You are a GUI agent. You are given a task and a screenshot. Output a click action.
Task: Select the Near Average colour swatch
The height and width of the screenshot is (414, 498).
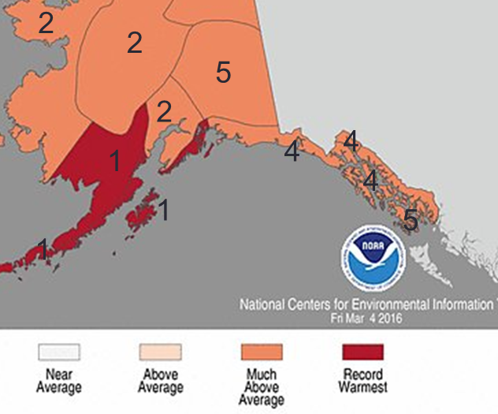[x=59, y=352]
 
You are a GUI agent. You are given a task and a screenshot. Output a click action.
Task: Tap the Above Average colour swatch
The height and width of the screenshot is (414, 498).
[x=160, y=352]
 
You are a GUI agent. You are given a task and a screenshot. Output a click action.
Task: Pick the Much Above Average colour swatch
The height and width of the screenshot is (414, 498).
[x=262, y=352]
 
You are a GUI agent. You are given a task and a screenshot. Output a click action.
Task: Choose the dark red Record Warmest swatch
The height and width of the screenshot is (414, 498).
[x=362, y=352]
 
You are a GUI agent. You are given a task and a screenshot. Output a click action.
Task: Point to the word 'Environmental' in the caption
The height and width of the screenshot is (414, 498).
[x=377, y=304]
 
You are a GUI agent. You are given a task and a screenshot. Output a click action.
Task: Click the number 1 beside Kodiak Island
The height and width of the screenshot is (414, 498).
[x=164, y=210]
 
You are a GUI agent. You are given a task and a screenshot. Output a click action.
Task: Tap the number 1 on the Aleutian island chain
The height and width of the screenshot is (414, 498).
[x=43, y=248]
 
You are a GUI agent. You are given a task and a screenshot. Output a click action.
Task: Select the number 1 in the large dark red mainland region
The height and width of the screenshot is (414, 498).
[x=115, y=162]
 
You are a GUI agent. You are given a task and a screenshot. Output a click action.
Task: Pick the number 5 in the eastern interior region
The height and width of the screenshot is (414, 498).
[x=223, y=73]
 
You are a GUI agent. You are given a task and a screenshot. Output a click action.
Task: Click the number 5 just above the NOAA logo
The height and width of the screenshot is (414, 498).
[x=411, y=220]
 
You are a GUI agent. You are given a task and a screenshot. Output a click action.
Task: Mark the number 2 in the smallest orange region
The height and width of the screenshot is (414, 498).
[x=164, y=112]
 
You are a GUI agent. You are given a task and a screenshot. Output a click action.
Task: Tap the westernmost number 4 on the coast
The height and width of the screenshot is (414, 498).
[x=292, y=151]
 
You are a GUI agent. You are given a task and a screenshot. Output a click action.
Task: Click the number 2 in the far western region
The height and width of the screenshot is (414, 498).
[x=46, y=23]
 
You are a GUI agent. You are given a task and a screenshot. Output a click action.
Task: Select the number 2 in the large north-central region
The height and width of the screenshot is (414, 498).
[x=135, y=43]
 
